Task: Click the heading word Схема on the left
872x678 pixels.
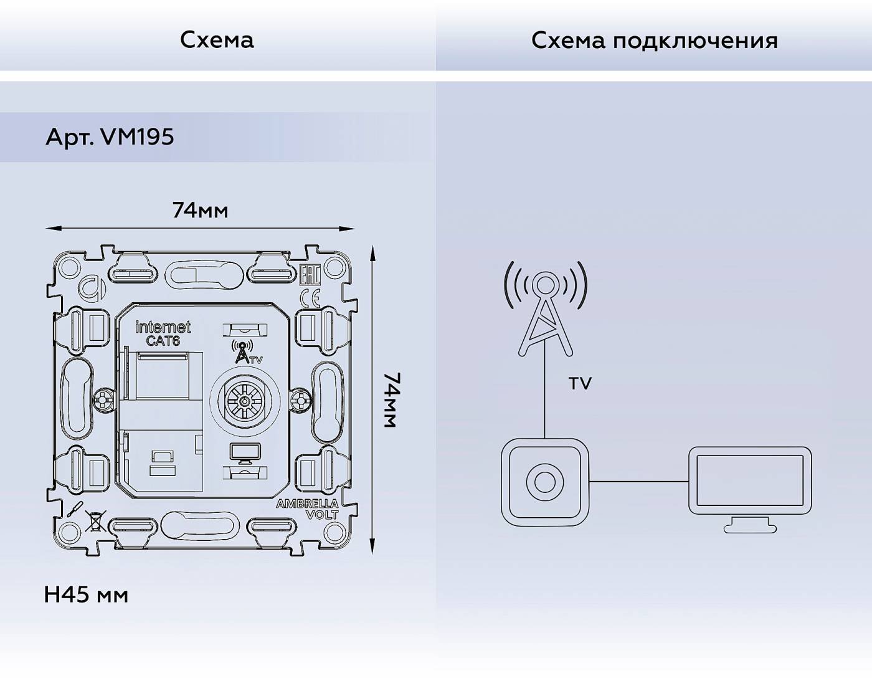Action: pos(217,40)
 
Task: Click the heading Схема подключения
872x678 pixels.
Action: pos(654,41)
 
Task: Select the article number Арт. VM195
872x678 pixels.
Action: pos(110,137)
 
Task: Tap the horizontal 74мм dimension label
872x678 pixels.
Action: pos(200,211)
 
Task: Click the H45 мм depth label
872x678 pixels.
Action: pos(86,595)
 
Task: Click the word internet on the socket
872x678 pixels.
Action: pos(163,327)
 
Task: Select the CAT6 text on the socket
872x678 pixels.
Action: pos(163,341)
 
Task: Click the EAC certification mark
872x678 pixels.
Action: pos(310,275)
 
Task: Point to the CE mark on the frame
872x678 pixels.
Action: pos(310,300)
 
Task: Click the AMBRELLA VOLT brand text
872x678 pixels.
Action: pos(308,509)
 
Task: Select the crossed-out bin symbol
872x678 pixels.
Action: pos(95,521)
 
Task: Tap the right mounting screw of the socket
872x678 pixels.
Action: pos(301,399)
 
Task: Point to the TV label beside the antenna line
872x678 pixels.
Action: pos(579,384)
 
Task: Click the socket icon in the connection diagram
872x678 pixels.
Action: pos(544,482)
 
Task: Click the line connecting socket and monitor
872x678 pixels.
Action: pos(638,481)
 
